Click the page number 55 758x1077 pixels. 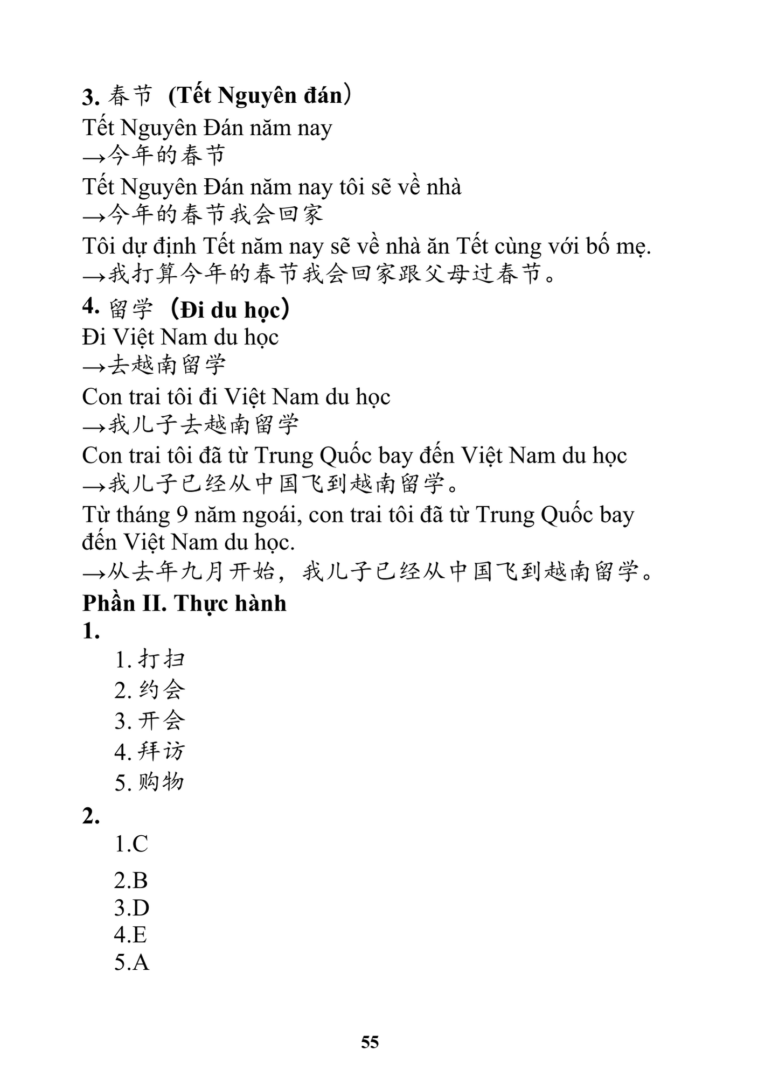point(370,1042)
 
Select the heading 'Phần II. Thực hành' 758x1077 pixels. point(184,603)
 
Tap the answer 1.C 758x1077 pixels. point(131,843)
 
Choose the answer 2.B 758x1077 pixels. point(131,880)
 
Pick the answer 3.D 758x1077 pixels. point(131,908)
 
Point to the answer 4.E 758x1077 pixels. point(130,934)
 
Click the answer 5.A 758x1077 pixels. point(131,962)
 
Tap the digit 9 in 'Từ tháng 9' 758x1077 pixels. point(182,515)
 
